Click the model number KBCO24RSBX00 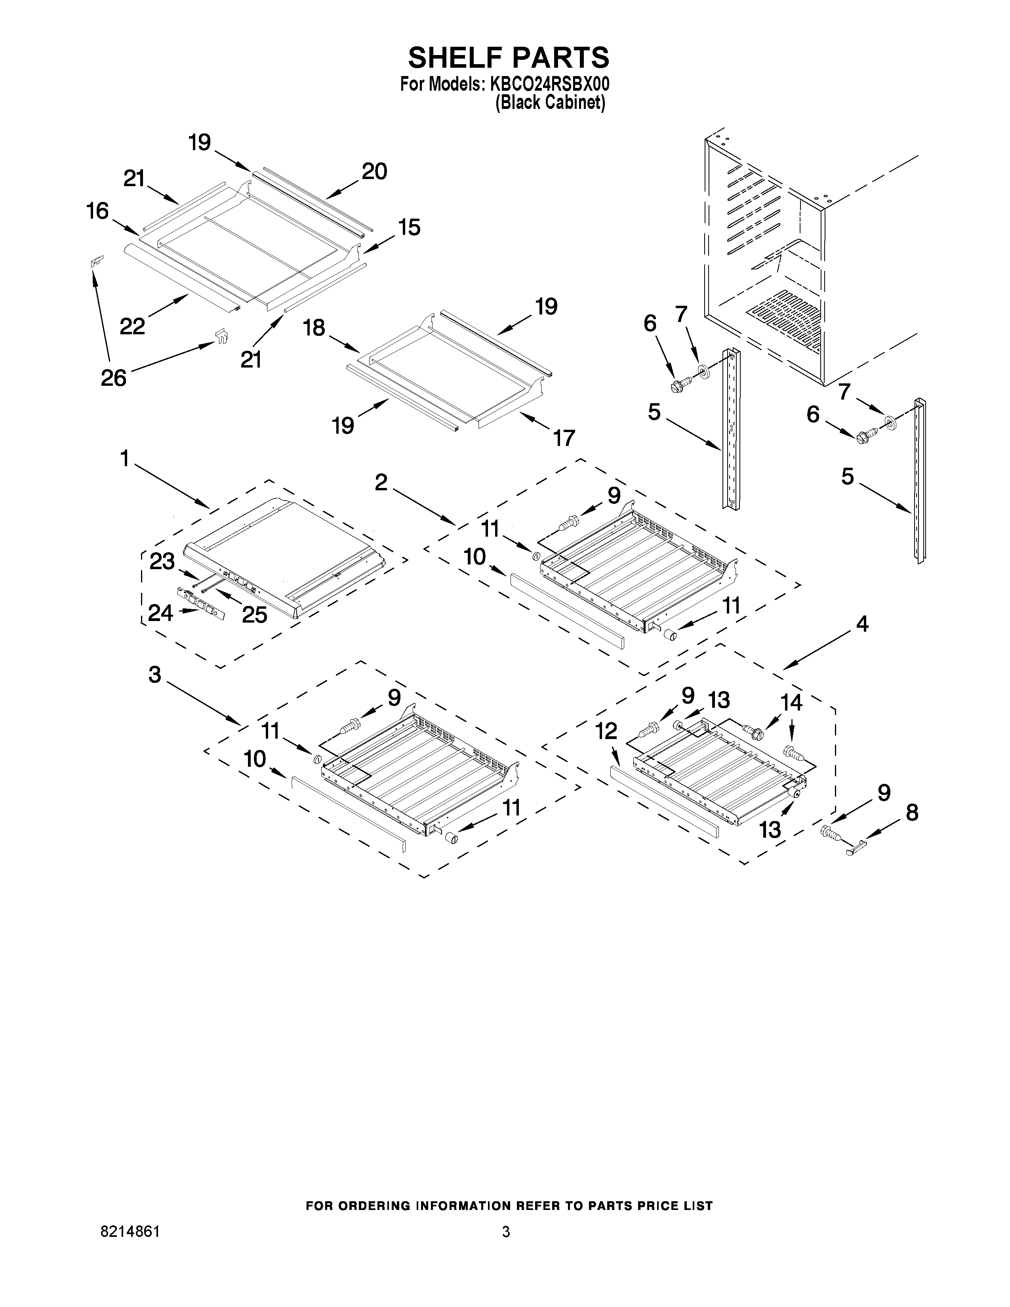(550, 84)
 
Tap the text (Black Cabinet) (550, 103)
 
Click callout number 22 (132, 326)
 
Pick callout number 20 (375, 172)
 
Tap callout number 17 (563, 438)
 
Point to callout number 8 (911, 813)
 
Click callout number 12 (606, 731)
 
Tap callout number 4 (861, 624)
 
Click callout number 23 (162, 561)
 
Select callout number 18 (314, 328)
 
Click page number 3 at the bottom (506, 1232)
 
